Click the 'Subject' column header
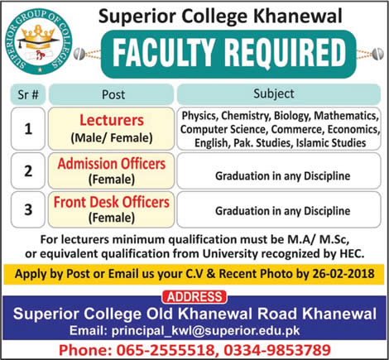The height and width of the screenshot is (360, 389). (279, 94)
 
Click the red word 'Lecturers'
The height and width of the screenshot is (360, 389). (111, 120)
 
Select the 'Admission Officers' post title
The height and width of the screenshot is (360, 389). (111, 165)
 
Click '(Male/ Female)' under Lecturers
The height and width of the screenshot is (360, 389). (111, 137)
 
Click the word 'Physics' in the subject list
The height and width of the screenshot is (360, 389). (196, 117)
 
